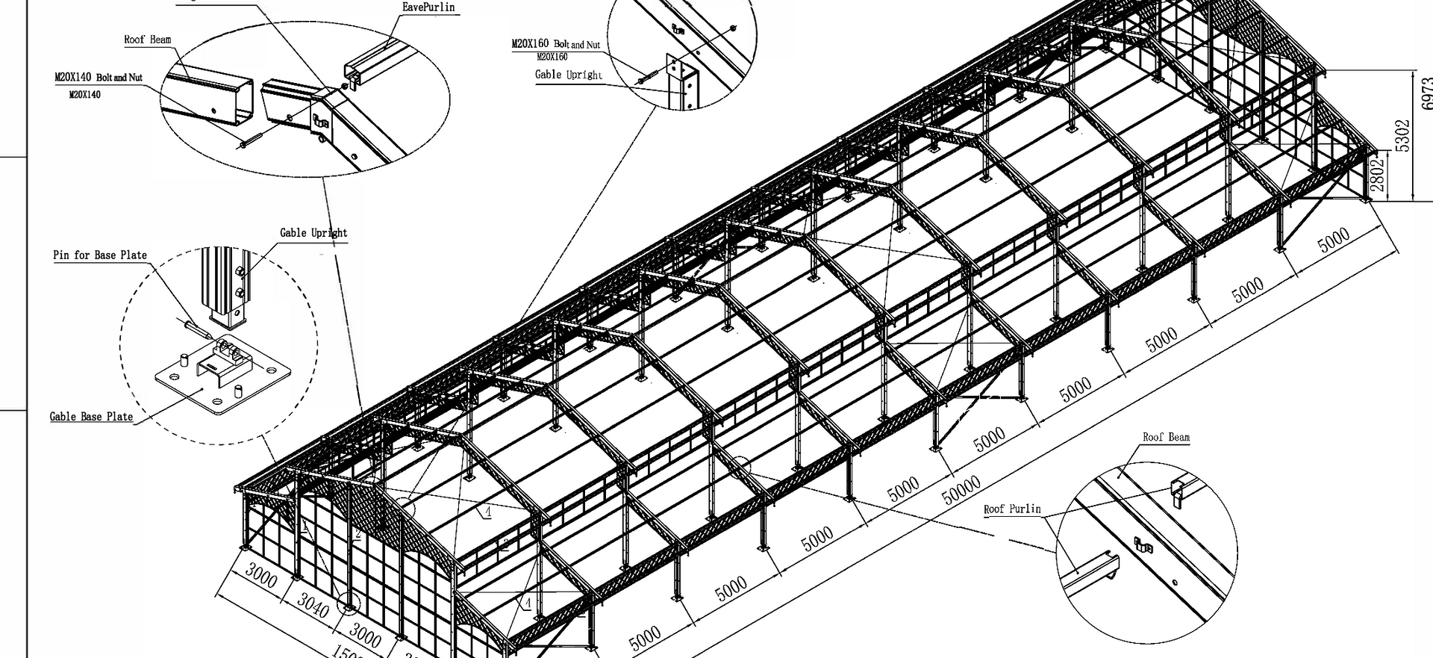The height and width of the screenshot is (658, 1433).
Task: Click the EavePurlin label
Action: pyautogui.click(x=428, y=7)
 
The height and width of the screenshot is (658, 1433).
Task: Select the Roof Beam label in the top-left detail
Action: pyautogui.click(x=147, y=40)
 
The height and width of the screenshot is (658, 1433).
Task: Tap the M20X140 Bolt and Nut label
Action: pyautogui.click(x=98, y=78)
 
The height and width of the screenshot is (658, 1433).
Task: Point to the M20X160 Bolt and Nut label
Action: pyautogui.click(x=555, y=44)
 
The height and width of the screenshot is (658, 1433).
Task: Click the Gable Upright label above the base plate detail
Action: pyautogui.click(x=313, y=233)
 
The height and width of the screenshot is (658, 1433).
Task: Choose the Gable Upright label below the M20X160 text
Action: pyautogui.click(x=568, y=75)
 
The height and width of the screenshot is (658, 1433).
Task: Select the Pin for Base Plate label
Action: pyautogui.click(x=100, y=255)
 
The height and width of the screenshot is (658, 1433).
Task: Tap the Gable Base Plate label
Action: pyautogui.click(x=91, y=417)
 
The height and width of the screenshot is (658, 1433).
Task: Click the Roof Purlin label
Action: pyautogui.click(x=1011, y=509)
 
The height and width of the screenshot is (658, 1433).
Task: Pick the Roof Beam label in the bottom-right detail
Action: pyautogui.click(x=1166, y=438)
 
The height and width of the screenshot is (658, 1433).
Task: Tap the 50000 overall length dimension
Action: pyautogui.click(x=961, y=490)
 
